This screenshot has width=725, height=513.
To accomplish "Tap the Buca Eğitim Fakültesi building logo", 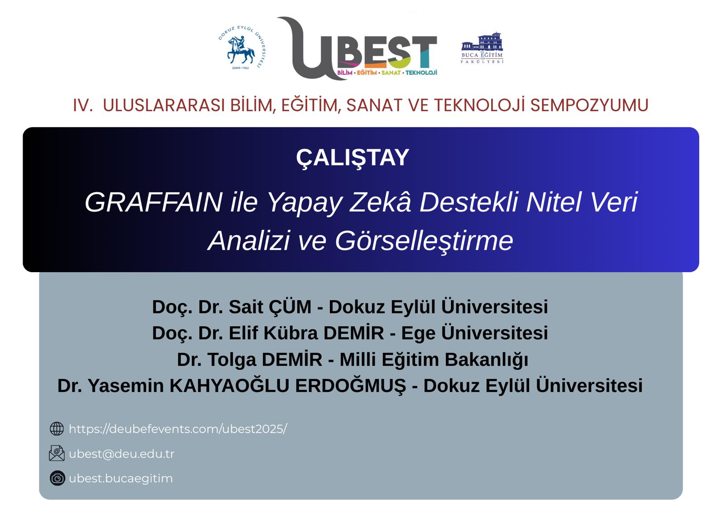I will coord(482,47).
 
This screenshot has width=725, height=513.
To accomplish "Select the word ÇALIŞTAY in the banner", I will coord(353,157).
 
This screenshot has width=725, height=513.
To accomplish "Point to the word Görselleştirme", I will coord(424,240).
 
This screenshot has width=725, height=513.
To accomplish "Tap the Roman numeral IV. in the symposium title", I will coord(82,105).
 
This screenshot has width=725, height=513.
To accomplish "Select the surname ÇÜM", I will coord(290,307).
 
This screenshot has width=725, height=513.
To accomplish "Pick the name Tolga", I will coord(232,360).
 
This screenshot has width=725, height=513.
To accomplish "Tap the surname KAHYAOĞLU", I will coord(229,386).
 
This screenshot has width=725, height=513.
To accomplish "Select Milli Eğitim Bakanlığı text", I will coord(434,360).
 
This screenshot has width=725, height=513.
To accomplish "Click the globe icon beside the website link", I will coord(57,429).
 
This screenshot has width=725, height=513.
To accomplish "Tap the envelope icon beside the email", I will coord(57,453).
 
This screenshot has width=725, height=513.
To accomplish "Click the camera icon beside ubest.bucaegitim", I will coord(57,478).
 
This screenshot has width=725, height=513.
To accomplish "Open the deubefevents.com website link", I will coord(178,429).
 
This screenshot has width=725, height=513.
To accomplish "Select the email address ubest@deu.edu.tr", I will coord(121,454).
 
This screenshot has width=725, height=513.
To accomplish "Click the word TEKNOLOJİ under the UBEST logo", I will coord(421,73).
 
